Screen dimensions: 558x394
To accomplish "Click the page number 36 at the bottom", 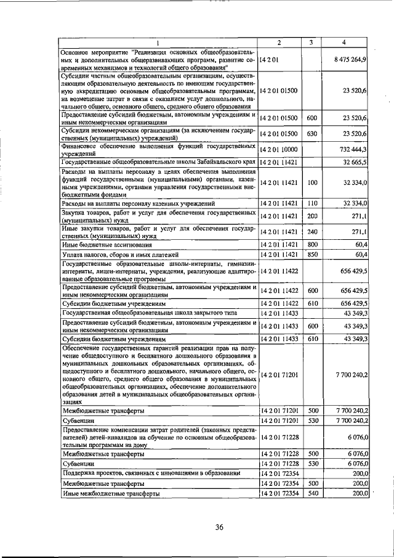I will [219, 526].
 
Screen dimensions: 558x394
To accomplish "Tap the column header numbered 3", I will [312, 42].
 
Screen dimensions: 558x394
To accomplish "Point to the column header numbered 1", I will [157, 42].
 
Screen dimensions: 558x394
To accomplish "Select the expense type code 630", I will [312, 133].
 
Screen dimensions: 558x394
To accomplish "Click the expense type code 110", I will [312, 203].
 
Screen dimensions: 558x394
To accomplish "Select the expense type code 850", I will [312, 254].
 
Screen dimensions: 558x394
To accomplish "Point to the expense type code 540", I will [312, 493].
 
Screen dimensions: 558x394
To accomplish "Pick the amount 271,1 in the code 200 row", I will [360, 216].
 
